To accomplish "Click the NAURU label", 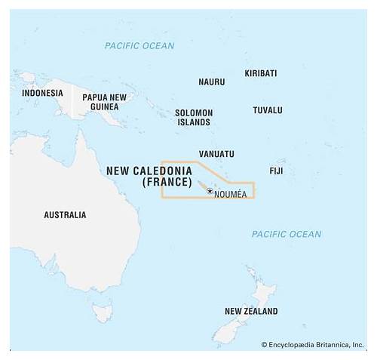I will tap(211, 82).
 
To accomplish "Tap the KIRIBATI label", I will tap(261, 73).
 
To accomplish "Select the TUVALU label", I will tap(267, 110).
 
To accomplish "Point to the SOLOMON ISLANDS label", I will tap(194, 117).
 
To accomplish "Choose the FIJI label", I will tap(276, 171).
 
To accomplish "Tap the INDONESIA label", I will tap(42, 93).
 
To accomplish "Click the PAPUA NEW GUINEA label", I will tap(104, 102).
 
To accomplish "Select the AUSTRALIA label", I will tap(65, 215).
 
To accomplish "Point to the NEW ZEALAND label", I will tap(251, 311).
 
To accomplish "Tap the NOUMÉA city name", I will tap(230, 195).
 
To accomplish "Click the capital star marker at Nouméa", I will tap(210, 192).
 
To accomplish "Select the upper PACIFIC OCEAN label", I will tap(139, 46).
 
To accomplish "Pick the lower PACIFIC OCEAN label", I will tap(287, 235).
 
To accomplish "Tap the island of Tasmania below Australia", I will tap(103, 310).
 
